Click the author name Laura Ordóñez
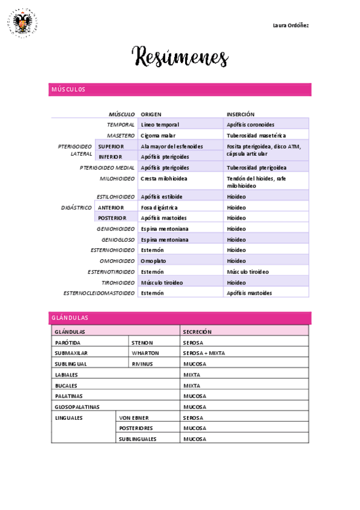coord(291,25)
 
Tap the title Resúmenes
coord(180,58)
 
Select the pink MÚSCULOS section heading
coord(68,90)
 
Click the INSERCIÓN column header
coord(240,114)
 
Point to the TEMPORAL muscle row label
coord(121,124)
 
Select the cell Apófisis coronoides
coord(251,124)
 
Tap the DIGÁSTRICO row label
coord(76,207)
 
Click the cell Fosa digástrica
coord(159,207)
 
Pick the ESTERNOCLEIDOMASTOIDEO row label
coord(99,293)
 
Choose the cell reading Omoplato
coord(153,261)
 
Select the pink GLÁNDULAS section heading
coord(70,318)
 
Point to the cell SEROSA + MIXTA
coord(204,353)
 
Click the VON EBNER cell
coord(134,417)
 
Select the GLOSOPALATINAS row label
coord(77,407)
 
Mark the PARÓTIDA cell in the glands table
coord(67,342)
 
